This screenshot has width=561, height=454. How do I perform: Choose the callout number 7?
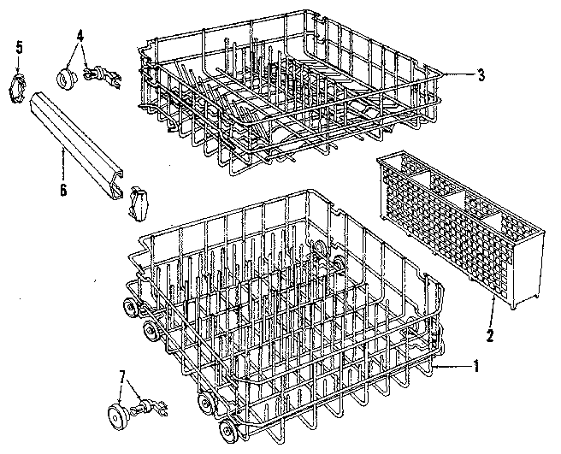click(121, 377)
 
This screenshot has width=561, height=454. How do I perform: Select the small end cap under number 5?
click(19, 88)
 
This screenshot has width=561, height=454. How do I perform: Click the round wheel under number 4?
click(64, 79)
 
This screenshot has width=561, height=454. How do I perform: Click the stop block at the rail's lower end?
click(139, 202)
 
